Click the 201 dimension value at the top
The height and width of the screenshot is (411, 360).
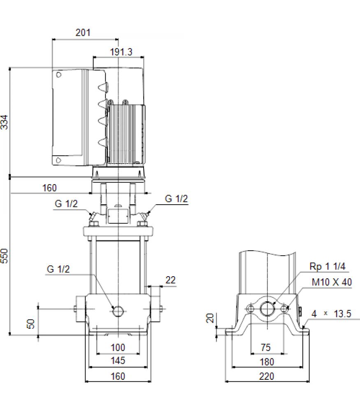[83, 32]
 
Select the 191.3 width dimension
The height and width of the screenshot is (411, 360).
[121, 52]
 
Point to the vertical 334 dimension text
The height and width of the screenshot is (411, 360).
[5, 122]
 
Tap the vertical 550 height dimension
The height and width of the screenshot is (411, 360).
[5, 256]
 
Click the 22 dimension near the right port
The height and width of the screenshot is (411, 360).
[171, 280]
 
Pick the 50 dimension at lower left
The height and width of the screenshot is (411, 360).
[31, 324]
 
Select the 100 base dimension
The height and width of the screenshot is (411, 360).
[118, 348]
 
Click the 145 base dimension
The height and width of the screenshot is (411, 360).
[118, 361]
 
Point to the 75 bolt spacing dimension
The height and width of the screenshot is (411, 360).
[265, 348]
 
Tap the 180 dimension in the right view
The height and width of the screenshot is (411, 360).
[267, 362]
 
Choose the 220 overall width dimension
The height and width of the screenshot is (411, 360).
[267, 376]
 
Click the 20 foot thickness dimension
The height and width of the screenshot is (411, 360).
[210, 318]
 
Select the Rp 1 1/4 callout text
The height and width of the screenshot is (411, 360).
[327, 266]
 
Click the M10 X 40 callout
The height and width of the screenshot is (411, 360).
[332, 282]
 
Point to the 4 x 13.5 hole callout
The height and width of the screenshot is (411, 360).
[331, 314]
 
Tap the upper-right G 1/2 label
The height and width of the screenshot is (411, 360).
[177, 199]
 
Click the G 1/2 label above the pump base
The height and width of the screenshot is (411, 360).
[58, 269]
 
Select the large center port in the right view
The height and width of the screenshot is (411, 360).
[267, 309]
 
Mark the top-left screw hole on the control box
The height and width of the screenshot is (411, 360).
[58, 75]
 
